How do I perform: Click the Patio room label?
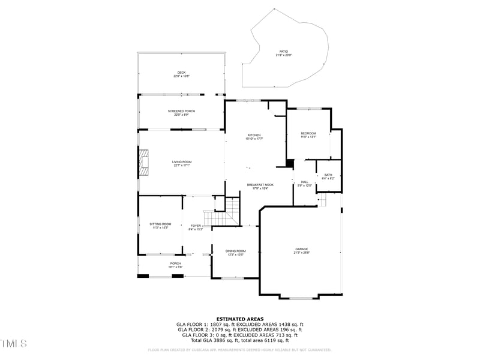283,53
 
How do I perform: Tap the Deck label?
181,74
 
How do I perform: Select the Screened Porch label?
181,113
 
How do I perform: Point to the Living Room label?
181,163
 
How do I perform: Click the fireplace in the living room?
143,162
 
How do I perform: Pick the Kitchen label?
254,137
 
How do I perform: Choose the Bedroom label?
308,135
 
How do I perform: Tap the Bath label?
328,176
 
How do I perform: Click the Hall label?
305,183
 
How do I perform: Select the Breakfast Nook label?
260,186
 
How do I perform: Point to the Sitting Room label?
160,226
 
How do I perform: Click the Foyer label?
196,227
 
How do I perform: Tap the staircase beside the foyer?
232,211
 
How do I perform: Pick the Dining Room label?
236,253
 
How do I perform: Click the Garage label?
301,250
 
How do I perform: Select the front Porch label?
175,265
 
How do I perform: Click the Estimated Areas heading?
239,319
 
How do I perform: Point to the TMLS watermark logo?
13,343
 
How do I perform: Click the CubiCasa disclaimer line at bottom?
239,350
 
